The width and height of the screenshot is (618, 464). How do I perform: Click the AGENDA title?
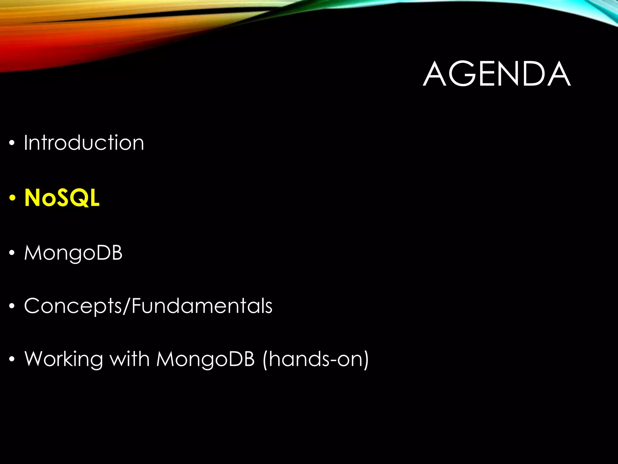tap(496, 74)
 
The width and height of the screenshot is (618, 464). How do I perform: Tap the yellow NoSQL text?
tap(62, 198)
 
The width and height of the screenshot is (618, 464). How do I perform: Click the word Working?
tap(63, 359)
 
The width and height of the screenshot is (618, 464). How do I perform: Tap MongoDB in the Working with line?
tap(205, 359)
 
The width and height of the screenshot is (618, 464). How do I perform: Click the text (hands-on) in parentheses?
tap(316, 359)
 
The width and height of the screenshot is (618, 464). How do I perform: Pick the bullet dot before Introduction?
tap(12, 143)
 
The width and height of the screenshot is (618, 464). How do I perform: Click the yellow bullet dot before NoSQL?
tap(12, 198)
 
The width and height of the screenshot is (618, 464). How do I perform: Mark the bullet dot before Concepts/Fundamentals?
tap(12, 306)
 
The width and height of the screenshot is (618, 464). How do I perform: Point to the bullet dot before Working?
tap(12, 359)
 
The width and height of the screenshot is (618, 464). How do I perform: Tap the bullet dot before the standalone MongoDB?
tap(12, 253)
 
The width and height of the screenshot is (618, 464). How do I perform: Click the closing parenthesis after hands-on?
tap(365, 359)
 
